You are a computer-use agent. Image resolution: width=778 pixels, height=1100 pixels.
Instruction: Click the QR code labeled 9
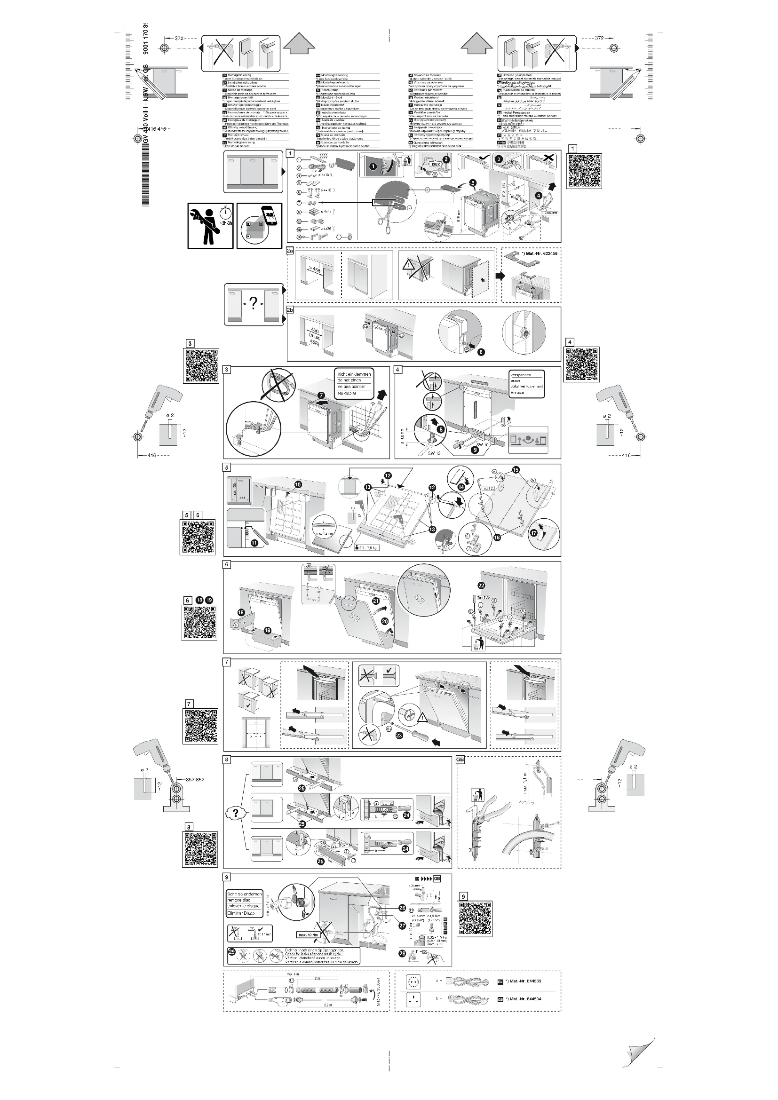475,918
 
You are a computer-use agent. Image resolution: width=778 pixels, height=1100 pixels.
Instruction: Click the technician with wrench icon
210,225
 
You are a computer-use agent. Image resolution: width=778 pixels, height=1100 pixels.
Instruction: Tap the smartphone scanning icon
259,225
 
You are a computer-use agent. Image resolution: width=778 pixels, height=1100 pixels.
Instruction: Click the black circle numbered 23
399,736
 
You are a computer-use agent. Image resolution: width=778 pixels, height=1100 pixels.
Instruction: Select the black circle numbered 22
481,585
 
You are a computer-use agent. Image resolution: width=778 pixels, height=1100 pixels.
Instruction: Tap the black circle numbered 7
321,396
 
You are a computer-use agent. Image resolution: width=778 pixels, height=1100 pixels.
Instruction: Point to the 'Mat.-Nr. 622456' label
541,253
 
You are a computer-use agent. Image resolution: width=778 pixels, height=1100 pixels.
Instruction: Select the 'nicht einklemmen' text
354,374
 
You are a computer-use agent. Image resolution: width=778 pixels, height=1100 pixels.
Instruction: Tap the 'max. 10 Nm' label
309,935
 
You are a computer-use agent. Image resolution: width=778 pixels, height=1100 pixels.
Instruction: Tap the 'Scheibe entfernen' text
244,894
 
